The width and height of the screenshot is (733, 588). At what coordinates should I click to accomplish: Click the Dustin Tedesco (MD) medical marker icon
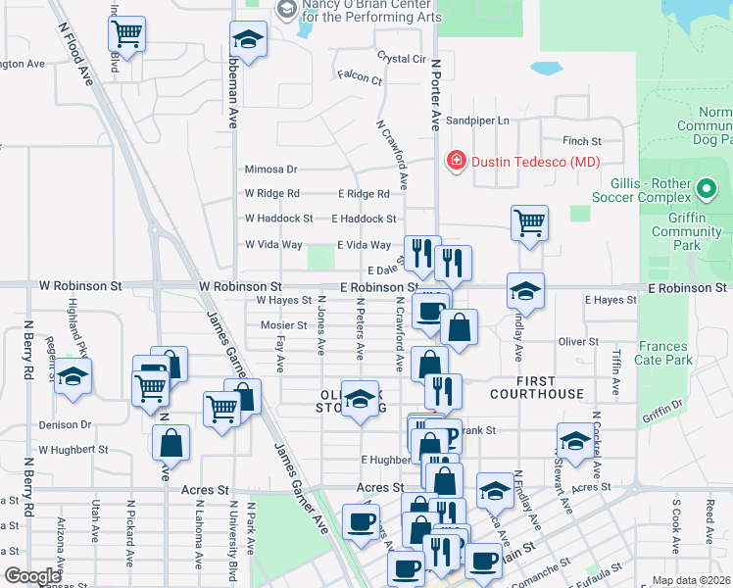(455, 161)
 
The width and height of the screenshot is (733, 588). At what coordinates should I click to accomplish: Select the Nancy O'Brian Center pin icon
(286, 10)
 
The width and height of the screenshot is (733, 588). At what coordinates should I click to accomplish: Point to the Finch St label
(581, 141)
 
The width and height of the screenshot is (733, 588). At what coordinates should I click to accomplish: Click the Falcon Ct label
(359, 75)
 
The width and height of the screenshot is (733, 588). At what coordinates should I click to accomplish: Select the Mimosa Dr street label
(270, 169)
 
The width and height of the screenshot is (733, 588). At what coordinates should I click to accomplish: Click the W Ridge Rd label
(271, 193)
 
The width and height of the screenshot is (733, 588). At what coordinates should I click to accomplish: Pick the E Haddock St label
(364, 219)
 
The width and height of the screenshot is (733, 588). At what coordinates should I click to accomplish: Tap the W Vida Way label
(273, 244)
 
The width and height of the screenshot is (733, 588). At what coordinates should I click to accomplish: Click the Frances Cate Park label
(665, 353)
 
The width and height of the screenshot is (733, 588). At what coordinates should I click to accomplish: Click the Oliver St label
(577, 341)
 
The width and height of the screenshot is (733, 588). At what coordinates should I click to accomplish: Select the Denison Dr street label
(65, 424)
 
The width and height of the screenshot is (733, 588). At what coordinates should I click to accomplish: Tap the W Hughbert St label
(73, 450)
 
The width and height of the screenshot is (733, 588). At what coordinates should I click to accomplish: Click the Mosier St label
(284, 325)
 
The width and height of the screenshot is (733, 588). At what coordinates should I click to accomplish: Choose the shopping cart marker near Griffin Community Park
(529, 221)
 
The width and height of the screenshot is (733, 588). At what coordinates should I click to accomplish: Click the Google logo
(32, 576)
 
